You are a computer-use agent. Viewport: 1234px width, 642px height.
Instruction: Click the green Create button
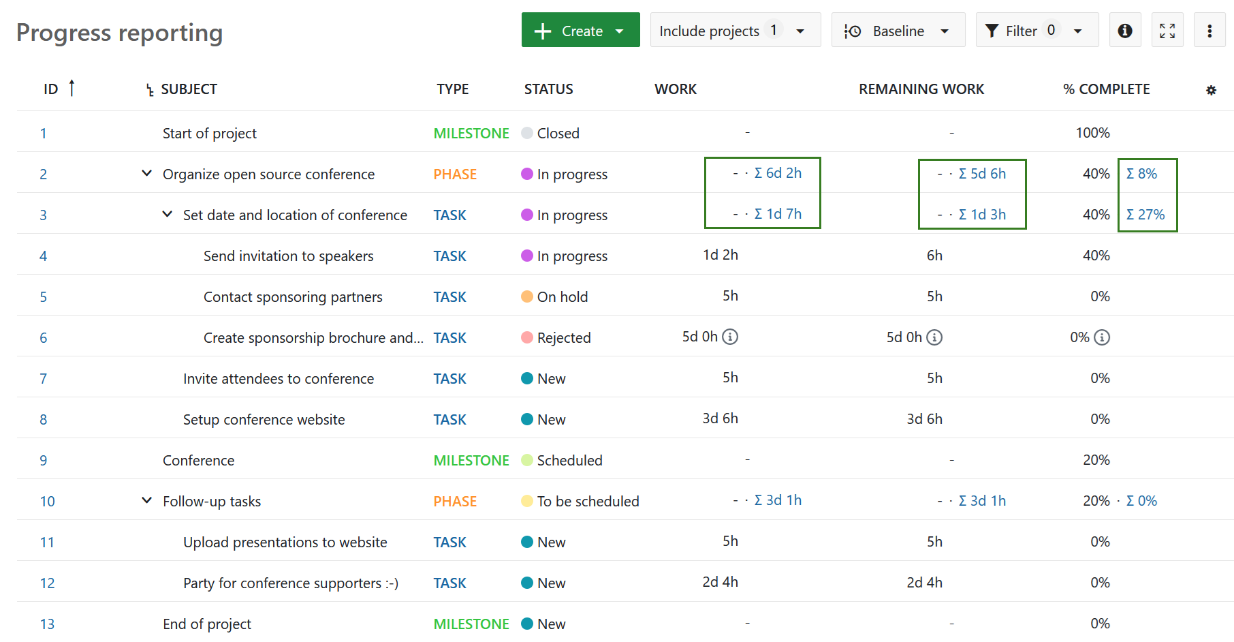coord(580,31)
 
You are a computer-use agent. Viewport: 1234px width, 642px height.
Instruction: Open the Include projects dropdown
coord(734,31)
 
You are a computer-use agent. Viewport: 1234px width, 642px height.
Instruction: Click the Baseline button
coord(898,31)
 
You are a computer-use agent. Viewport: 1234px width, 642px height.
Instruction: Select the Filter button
coord(1036,31)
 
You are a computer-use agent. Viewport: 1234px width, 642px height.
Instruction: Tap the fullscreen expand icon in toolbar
coord(1167,31)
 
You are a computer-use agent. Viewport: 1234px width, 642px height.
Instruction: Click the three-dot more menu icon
coord(1209,31)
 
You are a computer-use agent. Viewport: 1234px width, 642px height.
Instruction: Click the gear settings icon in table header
coord(1210,90)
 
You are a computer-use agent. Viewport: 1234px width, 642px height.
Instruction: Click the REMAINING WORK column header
coord(921,89)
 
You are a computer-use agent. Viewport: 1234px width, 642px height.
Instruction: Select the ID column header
coord(51,89)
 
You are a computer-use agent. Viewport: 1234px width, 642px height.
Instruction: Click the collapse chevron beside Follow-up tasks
coord(146,500)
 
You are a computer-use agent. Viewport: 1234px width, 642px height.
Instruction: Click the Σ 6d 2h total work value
coord(778,173)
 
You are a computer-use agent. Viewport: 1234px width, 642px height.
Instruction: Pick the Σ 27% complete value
coord(1145,215)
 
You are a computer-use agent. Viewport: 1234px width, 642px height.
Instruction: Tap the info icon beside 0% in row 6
coord(1101,337)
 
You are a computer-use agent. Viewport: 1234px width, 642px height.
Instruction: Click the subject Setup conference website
coord(264,419)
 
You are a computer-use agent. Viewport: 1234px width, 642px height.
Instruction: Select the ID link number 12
coord(47,583)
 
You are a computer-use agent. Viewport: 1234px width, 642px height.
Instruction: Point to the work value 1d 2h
coord(720,255)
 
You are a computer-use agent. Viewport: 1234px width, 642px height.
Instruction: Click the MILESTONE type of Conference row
coord(471,460)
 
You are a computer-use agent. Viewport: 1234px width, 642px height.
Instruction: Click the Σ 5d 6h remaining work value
coord(982,174)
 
